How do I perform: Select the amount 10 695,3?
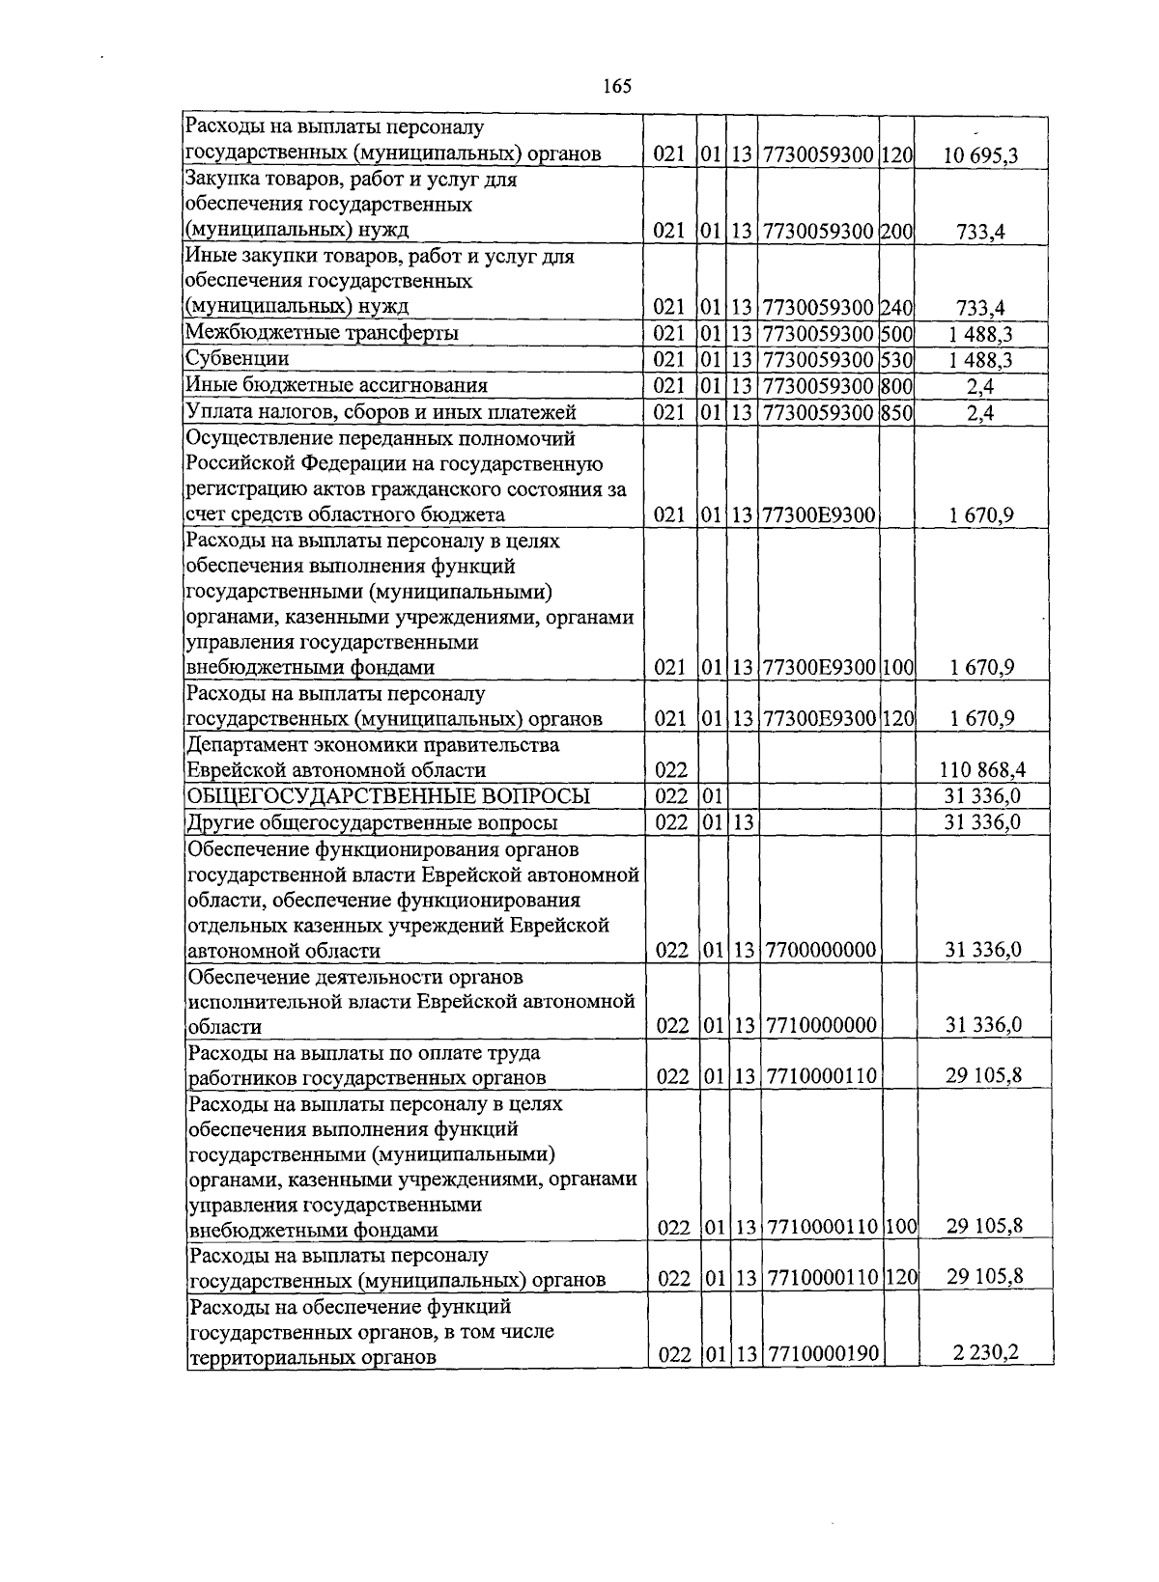point(981,154)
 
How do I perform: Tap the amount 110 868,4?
point(981,770)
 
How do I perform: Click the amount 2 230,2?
point(985,1352)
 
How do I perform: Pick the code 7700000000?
point(820,951)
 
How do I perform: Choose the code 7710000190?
point(823,1354)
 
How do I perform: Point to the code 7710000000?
point(820,1025)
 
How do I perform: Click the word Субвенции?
point(238,359)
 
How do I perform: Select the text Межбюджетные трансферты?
point(322,333)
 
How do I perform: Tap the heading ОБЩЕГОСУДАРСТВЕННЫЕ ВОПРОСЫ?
point(387,796)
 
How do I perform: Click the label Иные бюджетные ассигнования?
point(337,386)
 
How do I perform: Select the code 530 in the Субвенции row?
point(897,360)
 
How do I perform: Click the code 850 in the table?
point(897,413)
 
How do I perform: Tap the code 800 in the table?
point(897,386)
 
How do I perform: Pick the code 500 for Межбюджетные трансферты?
point(897,334)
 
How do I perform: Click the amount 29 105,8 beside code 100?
point(984,1227)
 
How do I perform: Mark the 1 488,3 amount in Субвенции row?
point(981,360)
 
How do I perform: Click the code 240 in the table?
point(897,308)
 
